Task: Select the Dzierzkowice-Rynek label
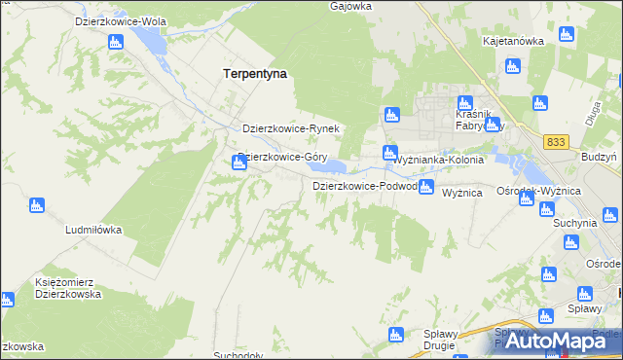coord(290,128)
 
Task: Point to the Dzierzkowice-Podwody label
coord(365,186)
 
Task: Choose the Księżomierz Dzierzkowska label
coord(68,288)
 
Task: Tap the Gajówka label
coord(351,6)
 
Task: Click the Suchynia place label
coord(574,223)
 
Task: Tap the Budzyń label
coord(598,157)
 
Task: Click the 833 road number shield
coord(556,142)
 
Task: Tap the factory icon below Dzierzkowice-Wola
coord(116,42)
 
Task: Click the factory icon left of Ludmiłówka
coord(37,205)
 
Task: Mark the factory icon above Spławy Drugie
coord(396,335)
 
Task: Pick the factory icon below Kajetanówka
coord(512,66)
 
